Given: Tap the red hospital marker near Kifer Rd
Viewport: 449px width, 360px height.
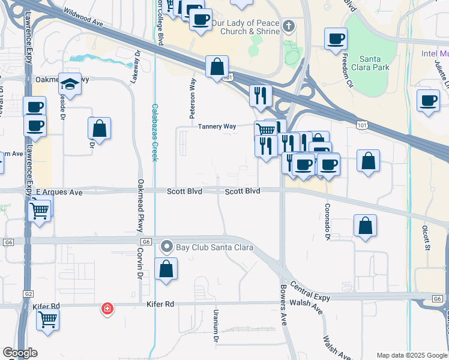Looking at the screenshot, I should point(107,308).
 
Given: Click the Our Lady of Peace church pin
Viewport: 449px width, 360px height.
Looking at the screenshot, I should point(289,26).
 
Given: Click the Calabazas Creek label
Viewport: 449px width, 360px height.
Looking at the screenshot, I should point(154,132).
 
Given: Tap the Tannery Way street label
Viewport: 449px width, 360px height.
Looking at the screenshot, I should point(217,126).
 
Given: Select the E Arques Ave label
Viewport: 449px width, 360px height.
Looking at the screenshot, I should point(59,193).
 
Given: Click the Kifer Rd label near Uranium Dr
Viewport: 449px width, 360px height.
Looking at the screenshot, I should point(160,304).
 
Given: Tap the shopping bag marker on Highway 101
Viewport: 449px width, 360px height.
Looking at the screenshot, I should point(217,67).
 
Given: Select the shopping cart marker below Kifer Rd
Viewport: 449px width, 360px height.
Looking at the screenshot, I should point(47,319).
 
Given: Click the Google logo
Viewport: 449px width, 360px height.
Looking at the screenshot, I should point(20,353).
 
